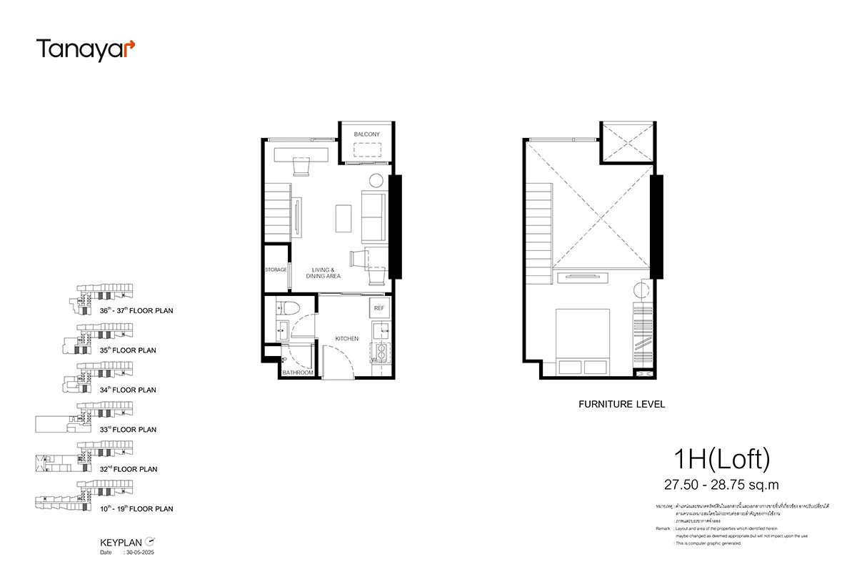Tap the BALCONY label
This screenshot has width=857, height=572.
(366, 134)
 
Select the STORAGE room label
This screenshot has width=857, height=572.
(276, 270)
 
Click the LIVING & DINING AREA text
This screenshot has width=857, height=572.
(324, 272)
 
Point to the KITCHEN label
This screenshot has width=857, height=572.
(347, 338)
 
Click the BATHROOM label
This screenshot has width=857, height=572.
(298, 373)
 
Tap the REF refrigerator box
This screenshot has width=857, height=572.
(379, 308)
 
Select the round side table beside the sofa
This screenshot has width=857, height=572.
(375, 180)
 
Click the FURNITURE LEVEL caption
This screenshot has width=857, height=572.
(621, 404)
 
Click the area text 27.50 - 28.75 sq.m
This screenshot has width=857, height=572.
(721, 485)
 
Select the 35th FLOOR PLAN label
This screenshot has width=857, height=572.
(128, 350)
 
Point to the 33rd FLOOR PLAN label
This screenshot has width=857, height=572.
(128, 430)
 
